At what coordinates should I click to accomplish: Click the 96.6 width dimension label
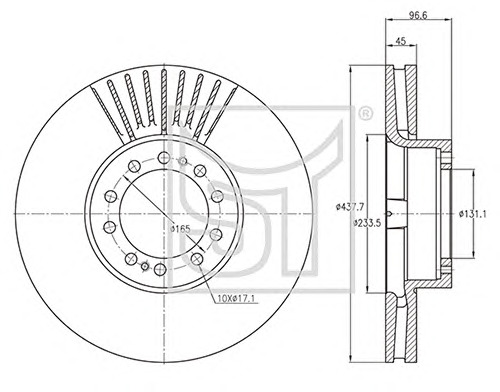click(x=418, y=15)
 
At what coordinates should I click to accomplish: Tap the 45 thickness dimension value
click(x=400, y=41)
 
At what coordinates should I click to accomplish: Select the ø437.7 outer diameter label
click(x=349, y=207)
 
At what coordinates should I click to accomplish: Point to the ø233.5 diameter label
click(x=367, y=222)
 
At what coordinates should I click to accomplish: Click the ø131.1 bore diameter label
click(x=473, y=214)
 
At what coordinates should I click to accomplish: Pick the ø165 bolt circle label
click(x=180, y=229)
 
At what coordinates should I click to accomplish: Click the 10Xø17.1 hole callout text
click(x=236, y=299)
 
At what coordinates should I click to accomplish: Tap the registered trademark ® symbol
click(x=365, y=114)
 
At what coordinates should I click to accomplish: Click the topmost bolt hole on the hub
click(x=164, y=157)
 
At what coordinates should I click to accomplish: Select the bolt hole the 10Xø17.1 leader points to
click(x=197, y=259)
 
